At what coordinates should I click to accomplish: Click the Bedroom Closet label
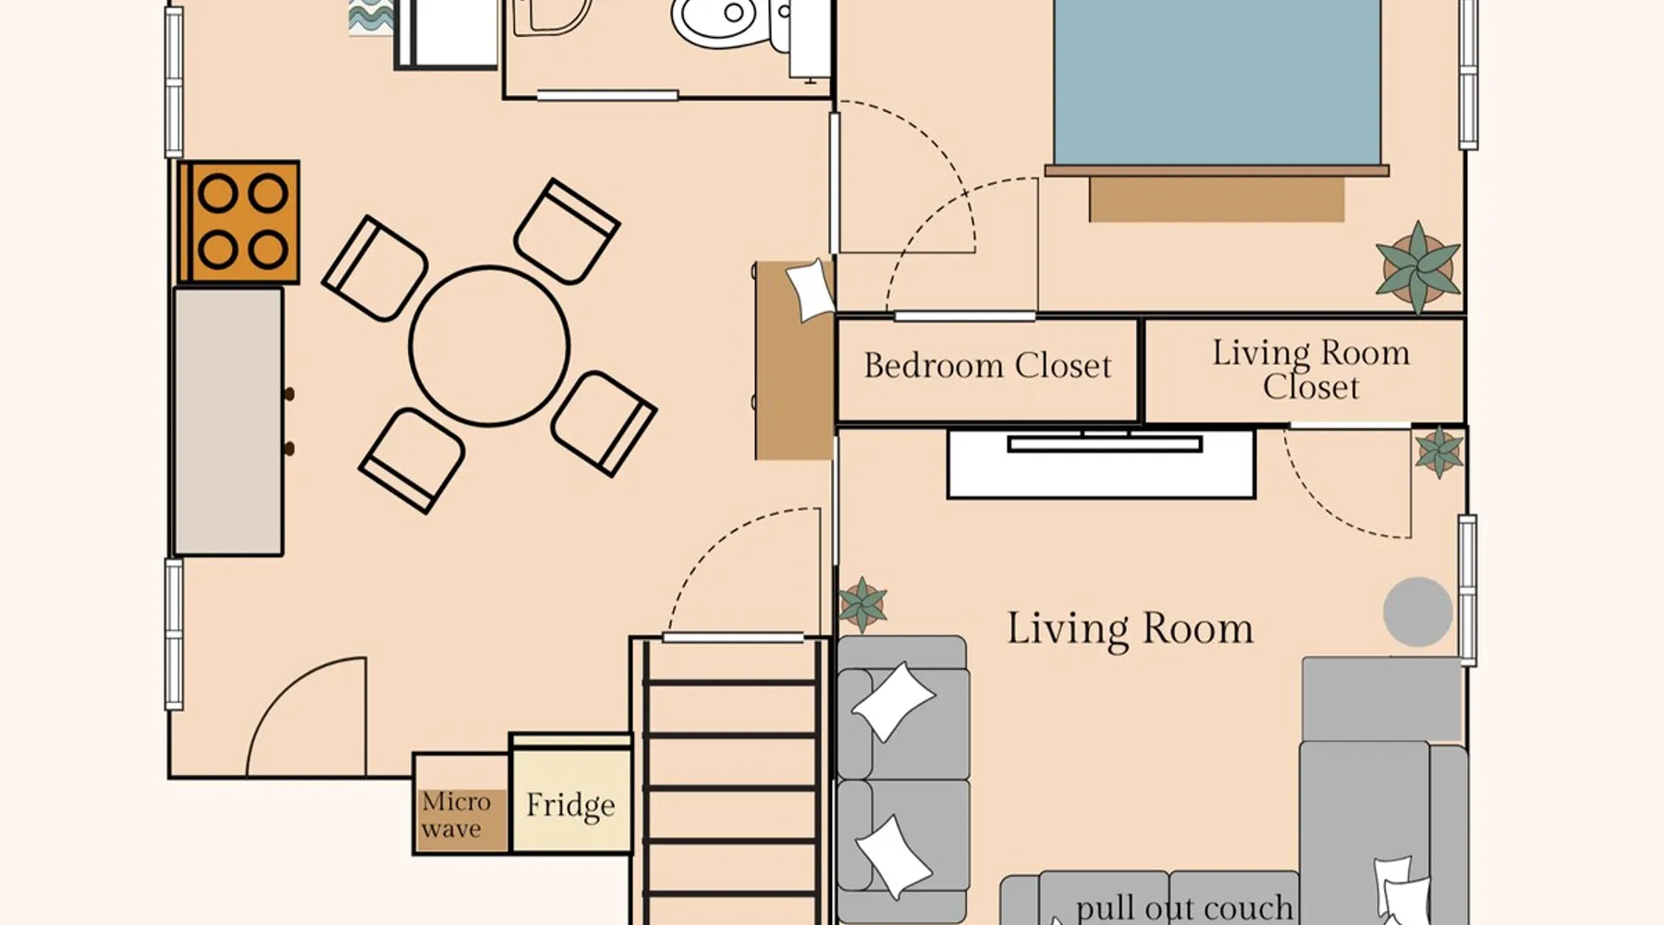[x=987, y=365]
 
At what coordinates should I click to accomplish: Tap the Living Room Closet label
[x=1311, y=369]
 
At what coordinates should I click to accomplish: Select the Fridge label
[x=570, y=805]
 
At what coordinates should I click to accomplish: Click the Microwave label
[x=456, y=815]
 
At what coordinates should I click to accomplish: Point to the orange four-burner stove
[x=239, y=222]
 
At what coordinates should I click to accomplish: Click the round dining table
[x=489, y=346]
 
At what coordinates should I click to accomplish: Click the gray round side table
[x=1417, y=611]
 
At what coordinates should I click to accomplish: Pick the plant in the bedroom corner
[x=1418, y=268]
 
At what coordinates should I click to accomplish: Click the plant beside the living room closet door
[x=1438, y=452]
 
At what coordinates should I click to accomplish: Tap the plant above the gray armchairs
[x=863, y=604]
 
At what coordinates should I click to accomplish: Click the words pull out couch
[x=1184, y=907]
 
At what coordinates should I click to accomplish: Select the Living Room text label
[x=1130, y=629]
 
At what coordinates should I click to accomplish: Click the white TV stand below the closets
[x=1101, y=463]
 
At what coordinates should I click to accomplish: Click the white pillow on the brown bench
[x=811, y=290]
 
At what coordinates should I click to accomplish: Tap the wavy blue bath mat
[x=371, y=18]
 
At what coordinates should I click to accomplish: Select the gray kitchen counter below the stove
[x=228, y=422]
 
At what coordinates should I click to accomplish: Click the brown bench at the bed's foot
[x=1217, y=199]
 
